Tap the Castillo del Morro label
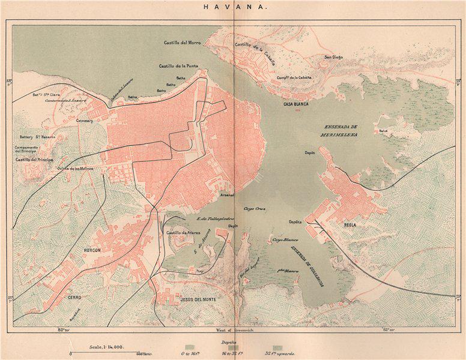(x=184, y=43)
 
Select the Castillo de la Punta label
(x=178, y=66)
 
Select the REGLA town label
(x=351, y=226)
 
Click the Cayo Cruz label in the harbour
(x=254, y=209)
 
